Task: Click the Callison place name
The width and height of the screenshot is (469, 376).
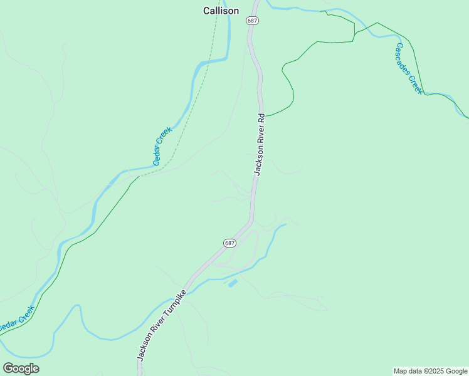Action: click(x=221, y=11)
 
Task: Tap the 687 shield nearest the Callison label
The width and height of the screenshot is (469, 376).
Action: click(x=252, y=21)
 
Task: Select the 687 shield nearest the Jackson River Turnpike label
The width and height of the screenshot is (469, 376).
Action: click(x=229, y=243)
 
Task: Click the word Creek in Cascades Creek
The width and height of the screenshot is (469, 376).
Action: click(x=416, y=84)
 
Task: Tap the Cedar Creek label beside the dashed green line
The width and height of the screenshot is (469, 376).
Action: click(x=162, y=146)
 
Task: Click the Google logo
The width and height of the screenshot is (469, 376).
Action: click(x=21, y=368)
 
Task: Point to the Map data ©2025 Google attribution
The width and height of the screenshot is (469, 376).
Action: click(x=431, y=371)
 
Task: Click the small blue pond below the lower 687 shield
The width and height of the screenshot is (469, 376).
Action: click(x=233, y=283)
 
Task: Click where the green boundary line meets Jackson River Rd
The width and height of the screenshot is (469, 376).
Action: click(x=265, y=115)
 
